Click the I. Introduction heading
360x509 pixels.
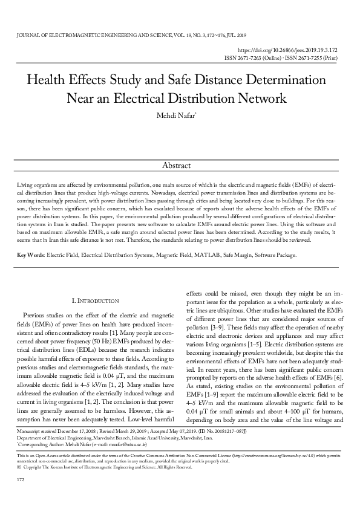tap(95, 300)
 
